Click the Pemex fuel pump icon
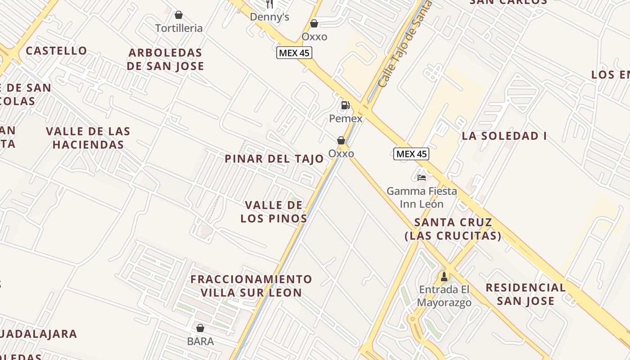tap(345, 106)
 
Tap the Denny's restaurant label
tap(269, 17)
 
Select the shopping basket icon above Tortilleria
tap(179, 15)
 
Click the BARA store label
tap(200, 341)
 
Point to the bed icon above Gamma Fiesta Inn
tap(421, 178)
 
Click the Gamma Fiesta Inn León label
tap(422, 198)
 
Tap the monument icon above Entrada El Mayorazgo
tap(444, 276)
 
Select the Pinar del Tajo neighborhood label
tap(274, 159)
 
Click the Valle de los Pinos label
tap(274, 212)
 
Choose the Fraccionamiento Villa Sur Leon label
tap(251, 286)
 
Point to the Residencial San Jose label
tap(525, 294)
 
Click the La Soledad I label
tap(504, 136)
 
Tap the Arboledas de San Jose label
tap(165, 59)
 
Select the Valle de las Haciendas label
tap(88, 138)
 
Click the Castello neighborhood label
tap(56, 50)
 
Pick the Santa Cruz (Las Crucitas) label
tap(453, 229)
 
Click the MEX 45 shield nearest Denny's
tap(294, 53)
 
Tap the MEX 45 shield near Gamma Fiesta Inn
tap(411, 154)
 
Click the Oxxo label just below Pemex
tap(341, 154)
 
